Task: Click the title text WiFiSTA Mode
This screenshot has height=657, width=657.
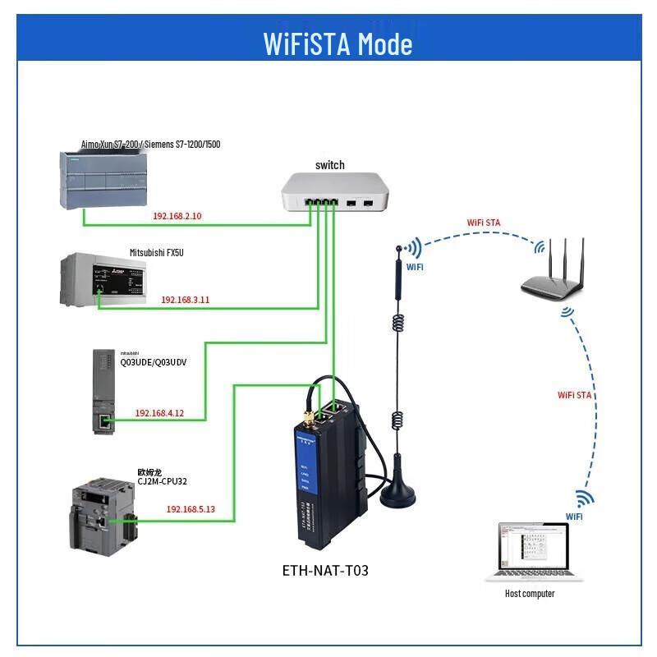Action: pos(338,43)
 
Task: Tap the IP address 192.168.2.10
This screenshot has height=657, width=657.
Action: pos(177,216)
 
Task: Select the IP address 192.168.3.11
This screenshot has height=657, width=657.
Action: pos(186,300)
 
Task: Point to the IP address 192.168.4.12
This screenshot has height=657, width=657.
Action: pos(159,413)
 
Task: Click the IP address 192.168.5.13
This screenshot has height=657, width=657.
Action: pos(191,509)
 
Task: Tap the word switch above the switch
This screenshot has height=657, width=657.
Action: pos(330,165)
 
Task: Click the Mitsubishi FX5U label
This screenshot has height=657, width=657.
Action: pos(157,252)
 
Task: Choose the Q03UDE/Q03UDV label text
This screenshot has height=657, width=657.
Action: pos(154,361)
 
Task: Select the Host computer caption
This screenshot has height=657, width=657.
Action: pos(531,594)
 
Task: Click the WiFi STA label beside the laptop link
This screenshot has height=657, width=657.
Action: pos(575,395)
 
